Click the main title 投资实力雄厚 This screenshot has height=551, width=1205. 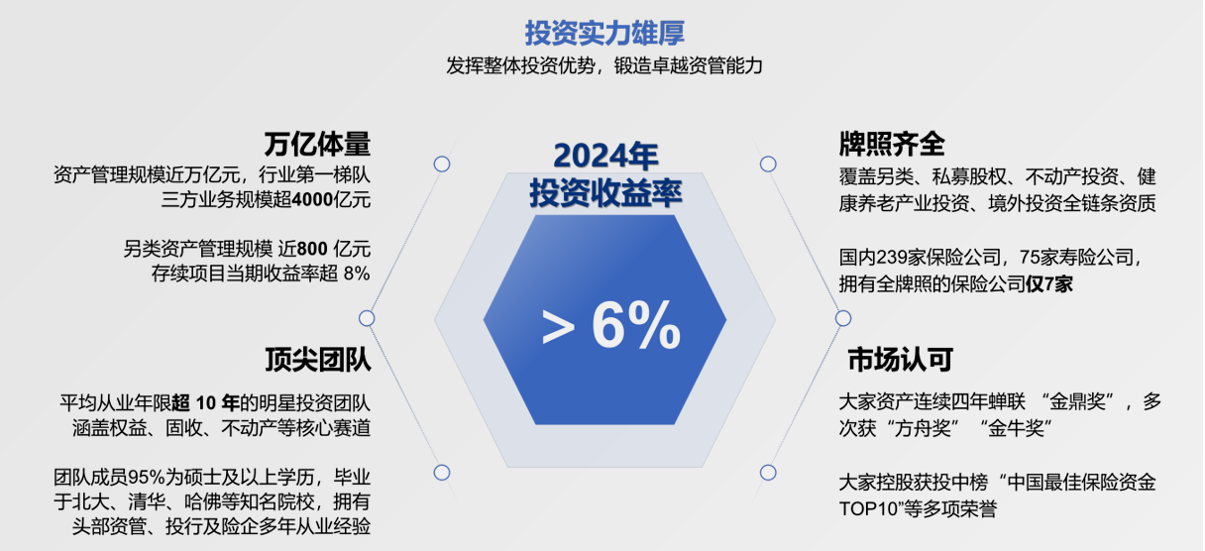tap(604, 34)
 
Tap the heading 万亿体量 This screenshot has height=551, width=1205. tap(317, 145)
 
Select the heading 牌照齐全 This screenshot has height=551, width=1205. tap(892, 145)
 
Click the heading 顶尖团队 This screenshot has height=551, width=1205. tap(318, 360)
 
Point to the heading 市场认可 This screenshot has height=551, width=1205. tap(900, 360)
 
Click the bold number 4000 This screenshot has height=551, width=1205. tap(312, 200)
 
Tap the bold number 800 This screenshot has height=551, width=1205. tap(312, 249)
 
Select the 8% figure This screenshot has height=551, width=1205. tap(357, 274)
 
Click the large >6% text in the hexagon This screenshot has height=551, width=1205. tap(611, 326)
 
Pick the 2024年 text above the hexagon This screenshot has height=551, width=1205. tap(605, 156)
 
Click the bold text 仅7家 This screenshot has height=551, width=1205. tap(1049, 284)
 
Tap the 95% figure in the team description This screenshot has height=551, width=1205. tap(146, 478)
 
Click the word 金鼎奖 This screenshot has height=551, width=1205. tap(1077, 402)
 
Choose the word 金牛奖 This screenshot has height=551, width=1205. tap(1016, 429)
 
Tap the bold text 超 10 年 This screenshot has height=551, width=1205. tap(205, 403)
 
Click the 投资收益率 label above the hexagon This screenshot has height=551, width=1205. tap(605, 192)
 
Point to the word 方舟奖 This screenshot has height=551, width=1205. tap(923, 429)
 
